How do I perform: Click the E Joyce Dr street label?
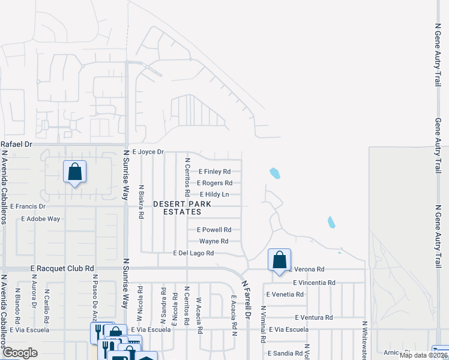[148, 152]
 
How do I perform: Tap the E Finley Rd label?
[214, 172]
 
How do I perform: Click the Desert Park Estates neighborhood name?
[182, 208]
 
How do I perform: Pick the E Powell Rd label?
[214, 230]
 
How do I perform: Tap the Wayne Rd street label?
[214, 241]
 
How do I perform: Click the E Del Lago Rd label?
[193, 253]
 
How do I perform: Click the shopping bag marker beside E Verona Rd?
[279, 260]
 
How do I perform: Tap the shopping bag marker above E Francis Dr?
[74, 172]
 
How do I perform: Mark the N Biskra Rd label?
[141, 205]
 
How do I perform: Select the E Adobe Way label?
[40, 219]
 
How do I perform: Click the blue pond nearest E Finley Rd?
[274, 173]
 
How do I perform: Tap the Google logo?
[20, 353]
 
